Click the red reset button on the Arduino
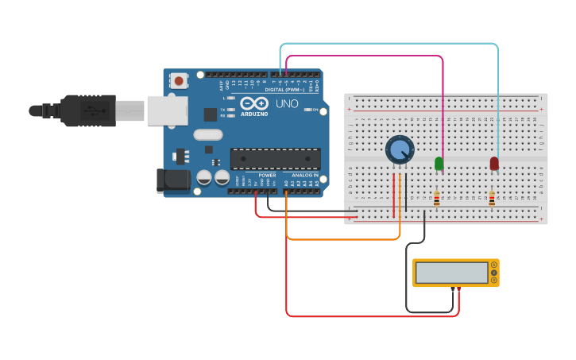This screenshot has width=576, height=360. [x=180, y=80]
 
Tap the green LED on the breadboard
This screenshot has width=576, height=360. [x=439, y=163]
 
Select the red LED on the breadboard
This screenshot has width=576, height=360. [x=494, y=163]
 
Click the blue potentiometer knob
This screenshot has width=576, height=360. [x=399, y=149]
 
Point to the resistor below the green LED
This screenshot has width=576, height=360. [x=436, y=198]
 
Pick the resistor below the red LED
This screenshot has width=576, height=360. [x=492, y=198]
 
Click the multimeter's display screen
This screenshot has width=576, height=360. [x=451, y=273]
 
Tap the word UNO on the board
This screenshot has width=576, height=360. [x=286, y=104]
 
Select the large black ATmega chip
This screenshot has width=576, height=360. [x=275, y=158]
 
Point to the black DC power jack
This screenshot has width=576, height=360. [x=173, y=180]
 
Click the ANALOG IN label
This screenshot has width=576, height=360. [x=305, y=175]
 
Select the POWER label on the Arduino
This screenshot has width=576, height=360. [x=267, y=175]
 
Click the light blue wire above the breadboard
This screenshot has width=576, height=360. [x=389, y=45]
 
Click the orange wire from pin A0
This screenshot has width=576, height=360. [x=342, y=238]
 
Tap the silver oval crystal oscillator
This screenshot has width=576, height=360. [x=207, y=134]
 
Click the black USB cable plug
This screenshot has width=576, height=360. [x=87, y=110]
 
